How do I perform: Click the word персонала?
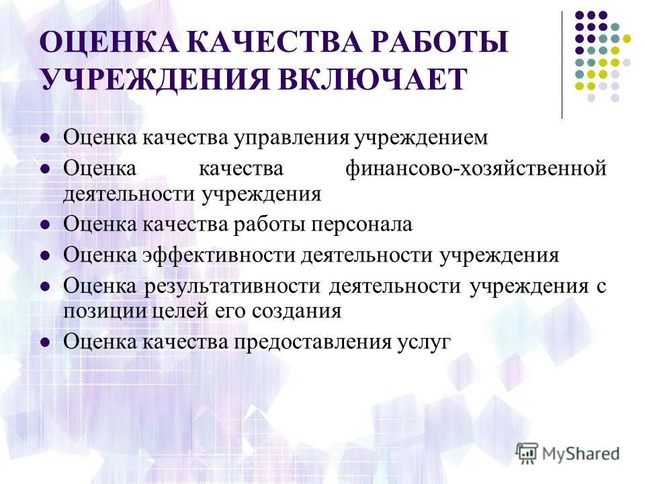(360, 224)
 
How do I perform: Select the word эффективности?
(219, 255)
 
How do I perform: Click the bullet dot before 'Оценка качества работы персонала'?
(46, 225)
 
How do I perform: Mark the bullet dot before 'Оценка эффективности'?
(46, 256)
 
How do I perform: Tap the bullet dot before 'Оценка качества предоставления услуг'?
(46, 341)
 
